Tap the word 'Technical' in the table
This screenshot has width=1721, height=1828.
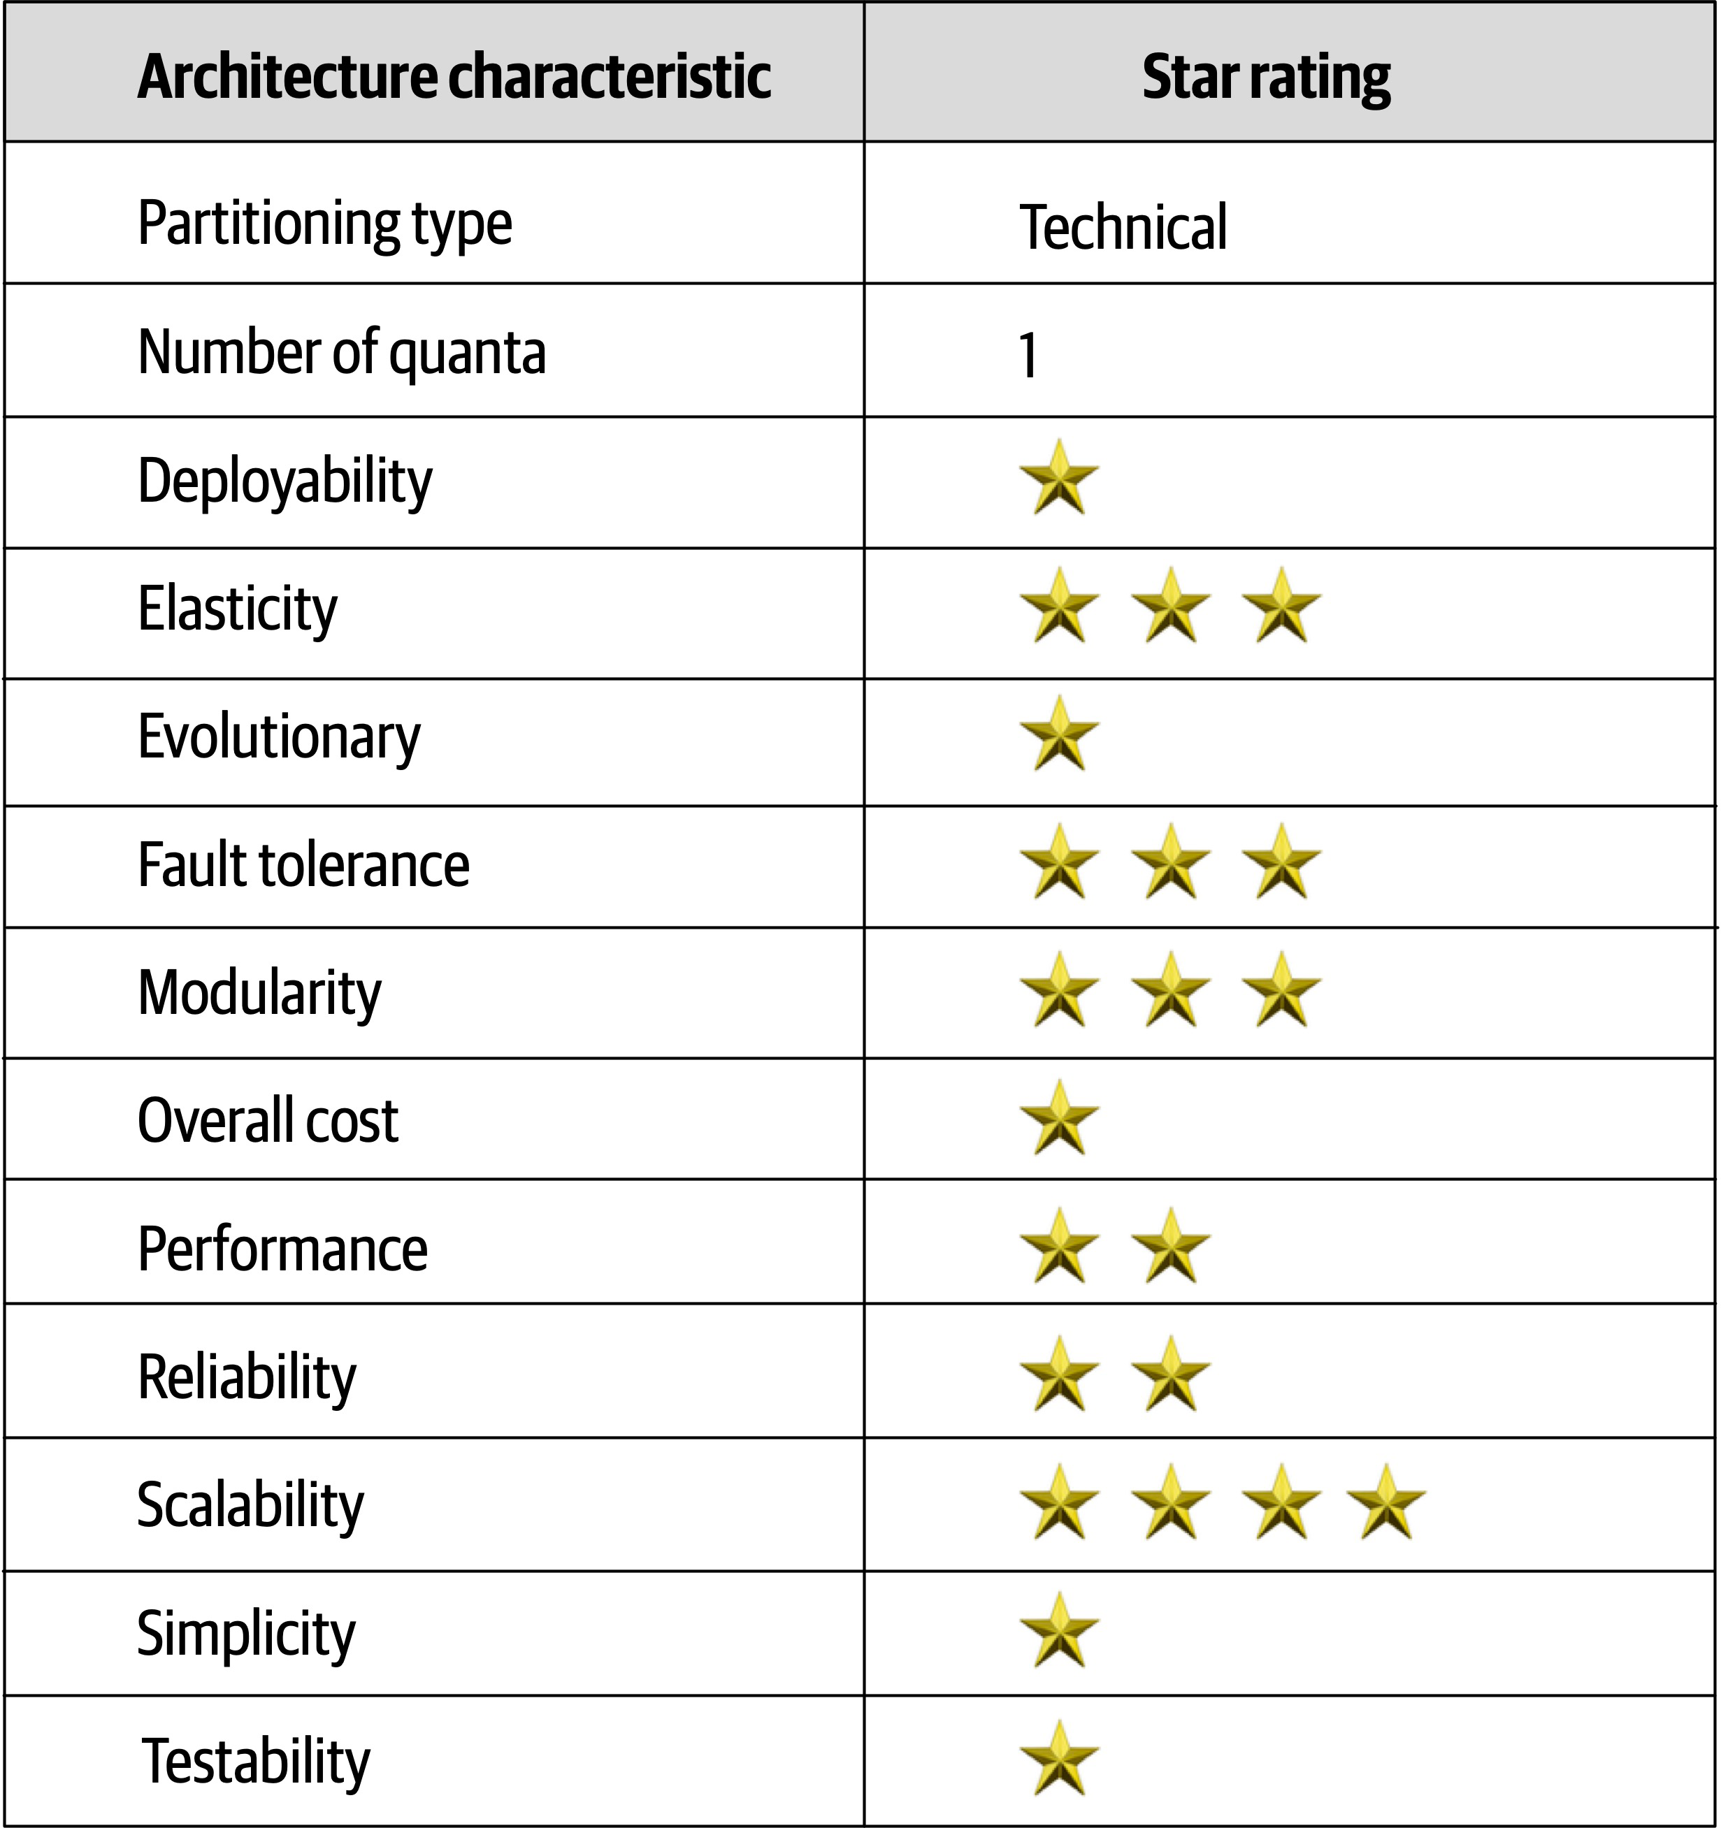pyautogui.click(x=1123, y=227)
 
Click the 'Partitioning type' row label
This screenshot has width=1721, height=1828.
pyautogui.click(x=325, y=224)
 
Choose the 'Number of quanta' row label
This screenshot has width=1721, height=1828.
pyautogui.click(x=341, y=353)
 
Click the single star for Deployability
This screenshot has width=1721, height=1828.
pyautogui.click(x=1060, y=478)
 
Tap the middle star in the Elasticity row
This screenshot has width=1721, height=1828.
pyautogui.click(x=1171, y=606)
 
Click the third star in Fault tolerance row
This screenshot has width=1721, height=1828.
pyautogui.click(x=1281, y=862)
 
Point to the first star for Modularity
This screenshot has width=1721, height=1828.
pyautogui.click(x=1060, y=992)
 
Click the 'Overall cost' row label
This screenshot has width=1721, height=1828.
pyautogui.click(x=268, y=1121)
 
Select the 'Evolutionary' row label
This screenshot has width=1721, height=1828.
pyautogui.click(x=279, y=737)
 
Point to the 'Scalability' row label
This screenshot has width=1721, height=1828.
pyautogui.click(x=250, y=1505)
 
